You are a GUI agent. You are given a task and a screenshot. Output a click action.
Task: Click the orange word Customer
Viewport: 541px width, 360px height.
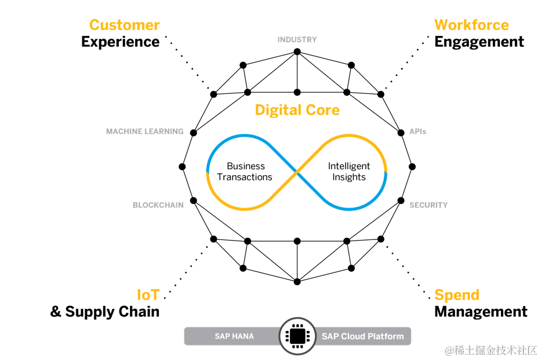click(x=124, y=25)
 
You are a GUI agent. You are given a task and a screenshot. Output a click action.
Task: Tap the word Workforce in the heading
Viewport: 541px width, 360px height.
click(x=471, y=25)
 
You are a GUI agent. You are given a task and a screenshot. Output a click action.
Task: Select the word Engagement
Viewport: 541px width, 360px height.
click(x=479, y=42)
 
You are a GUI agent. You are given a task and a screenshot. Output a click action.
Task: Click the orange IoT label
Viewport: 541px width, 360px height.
click(x=147, y=294)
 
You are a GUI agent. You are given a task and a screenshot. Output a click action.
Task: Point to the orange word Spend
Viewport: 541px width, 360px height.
click(x=457, y=294)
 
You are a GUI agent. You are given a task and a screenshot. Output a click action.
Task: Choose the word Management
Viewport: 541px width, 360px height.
click(x=481, y=312)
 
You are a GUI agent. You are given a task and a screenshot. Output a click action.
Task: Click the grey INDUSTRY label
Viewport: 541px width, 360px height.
click(x=297, y=39)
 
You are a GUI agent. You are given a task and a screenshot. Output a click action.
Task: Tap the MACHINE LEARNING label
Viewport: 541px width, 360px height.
click(x=144, y=132)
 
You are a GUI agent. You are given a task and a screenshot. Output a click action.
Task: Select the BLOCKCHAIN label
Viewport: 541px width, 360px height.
click(x=158, y=205)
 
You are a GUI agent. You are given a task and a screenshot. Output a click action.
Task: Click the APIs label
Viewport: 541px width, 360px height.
click(x=417, y=132)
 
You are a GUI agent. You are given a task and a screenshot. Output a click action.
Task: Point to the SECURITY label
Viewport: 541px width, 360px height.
click(x=429, y=205)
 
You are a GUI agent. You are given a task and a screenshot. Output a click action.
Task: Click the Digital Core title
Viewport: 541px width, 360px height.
click(x=297, y=110)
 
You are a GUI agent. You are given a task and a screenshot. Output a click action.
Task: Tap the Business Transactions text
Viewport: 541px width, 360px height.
click(x=245, y=172)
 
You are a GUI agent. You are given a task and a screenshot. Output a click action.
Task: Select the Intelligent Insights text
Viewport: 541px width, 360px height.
click(x=349, y=172)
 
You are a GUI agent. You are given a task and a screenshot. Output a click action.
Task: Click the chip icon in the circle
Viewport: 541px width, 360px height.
click(x=297, y=336)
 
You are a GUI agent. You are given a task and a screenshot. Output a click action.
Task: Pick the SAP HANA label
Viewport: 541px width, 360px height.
click(x=234, y=336)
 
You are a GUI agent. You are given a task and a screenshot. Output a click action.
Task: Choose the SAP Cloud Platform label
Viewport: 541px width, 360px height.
click(x=362, y=336)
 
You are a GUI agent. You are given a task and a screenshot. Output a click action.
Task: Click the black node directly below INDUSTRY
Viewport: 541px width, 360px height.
click(x=297, y=52)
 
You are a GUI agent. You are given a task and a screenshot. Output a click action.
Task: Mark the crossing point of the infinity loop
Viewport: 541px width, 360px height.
click(x=297, y=172)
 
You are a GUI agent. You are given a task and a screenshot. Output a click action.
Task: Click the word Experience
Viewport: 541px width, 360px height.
click(x=120, y=42)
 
